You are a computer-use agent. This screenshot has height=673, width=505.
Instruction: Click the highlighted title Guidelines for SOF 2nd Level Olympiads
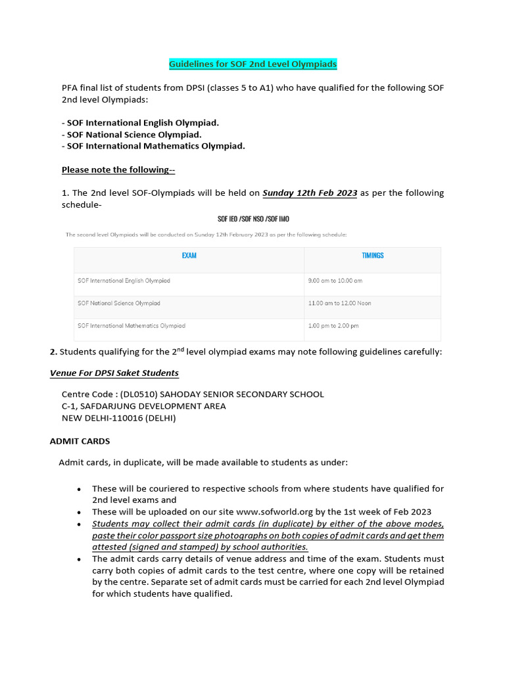[252, 64]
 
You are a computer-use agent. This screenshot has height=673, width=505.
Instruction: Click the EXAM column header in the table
[189, 255]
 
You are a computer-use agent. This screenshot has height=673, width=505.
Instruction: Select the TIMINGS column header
[372, 255]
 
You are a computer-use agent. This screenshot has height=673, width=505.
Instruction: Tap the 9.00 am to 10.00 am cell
[335, 281]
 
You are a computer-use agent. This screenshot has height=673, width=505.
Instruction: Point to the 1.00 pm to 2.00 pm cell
[333, 325]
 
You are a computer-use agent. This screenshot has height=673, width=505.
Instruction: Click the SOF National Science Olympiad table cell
[118, 303]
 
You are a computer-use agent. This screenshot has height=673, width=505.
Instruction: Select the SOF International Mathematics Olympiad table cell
[132, 325]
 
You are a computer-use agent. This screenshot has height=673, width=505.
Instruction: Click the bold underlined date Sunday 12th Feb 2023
[310, 193]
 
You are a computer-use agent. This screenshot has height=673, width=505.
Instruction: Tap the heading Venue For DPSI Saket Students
[114, 373]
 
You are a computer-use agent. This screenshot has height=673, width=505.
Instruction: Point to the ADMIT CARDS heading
[80, 441]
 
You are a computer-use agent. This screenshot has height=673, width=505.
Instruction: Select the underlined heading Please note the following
[118, 170]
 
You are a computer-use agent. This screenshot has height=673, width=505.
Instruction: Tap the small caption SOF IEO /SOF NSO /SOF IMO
[253, 219]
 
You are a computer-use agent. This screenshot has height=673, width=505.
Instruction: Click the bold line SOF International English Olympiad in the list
[143, 123]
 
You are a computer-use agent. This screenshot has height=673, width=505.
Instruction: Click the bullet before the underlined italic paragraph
[80, 524]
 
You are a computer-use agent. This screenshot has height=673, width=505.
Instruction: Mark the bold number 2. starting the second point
[53, 352]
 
